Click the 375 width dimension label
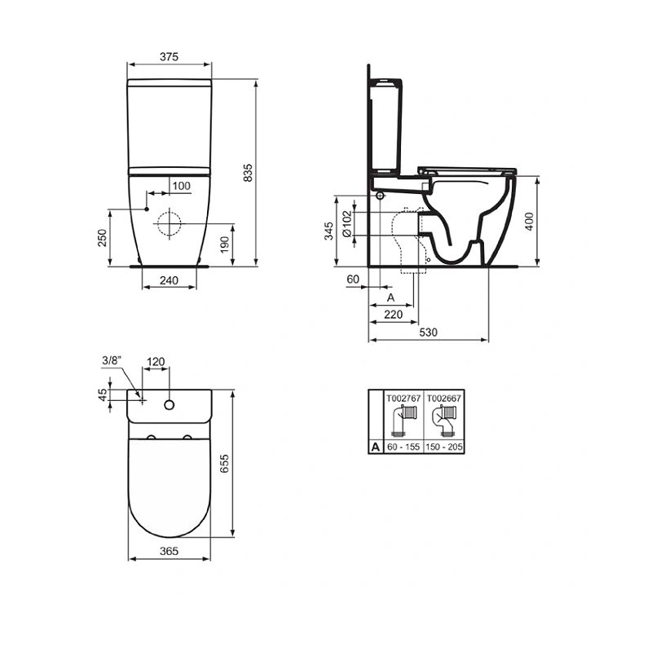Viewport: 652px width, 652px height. [x=169, y=56]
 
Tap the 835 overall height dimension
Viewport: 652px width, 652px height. [x=248, y=173]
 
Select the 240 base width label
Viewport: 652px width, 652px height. [x=169, y=280]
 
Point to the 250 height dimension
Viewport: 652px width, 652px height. [x=103, y=238]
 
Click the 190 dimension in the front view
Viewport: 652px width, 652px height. [x=225, y=244]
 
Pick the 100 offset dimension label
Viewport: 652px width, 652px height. [x=181, y=186]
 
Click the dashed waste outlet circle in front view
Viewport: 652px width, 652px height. [x=169, y=223]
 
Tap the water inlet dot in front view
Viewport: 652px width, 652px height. [x=147, y=209]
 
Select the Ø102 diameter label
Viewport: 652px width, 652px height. [x=346, y=223]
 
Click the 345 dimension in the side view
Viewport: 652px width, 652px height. [x=328, y=231]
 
